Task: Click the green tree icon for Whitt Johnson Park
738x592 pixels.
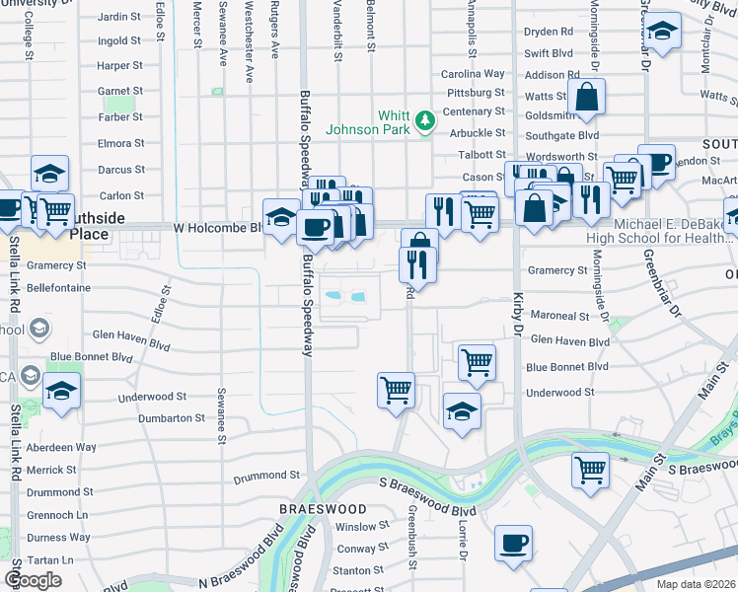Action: click(x=425, y=120)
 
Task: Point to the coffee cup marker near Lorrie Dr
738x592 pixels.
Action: click(x=513, y=543)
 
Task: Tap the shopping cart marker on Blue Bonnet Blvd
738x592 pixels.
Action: click(x=477, y=361)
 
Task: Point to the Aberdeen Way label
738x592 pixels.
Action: click(x=61, y=447)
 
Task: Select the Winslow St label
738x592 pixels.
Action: click(x=355, y=527)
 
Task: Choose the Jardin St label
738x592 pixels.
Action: click(x=119, y=17)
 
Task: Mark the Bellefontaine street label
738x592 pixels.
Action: click(x=57, y=288)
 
